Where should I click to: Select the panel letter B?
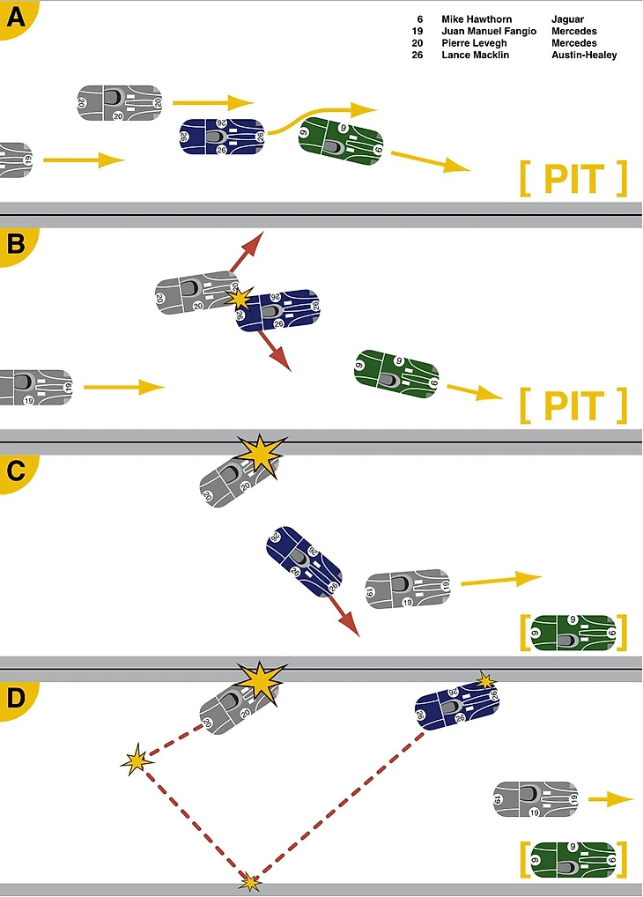pyautogui.click(x=14, y=243)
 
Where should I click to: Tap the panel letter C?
pyautogui.click(x=14, y=470)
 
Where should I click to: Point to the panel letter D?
pyautogui.click(x=14, y=698)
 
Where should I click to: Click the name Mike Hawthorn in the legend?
pyautogui.click(x=476, y=19)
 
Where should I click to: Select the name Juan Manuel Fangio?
pyautogui.click(x=488, y=32)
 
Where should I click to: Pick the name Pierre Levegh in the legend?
pyautogui.click(x=474, y=43)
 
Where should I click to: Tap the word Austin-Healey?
pyautogui.click(x=584, y=56)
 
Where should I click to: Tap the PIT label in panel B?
pyautogui.click(x=573, y=406)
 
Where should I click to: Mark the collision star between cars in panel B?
pyautogui.click(x=240, y=299)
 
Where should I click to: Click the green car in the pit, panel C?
pyautogui.click(x=573, y=633)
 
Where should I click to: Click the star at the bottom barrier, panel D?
pyautogui.click(x=251, y=881)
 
